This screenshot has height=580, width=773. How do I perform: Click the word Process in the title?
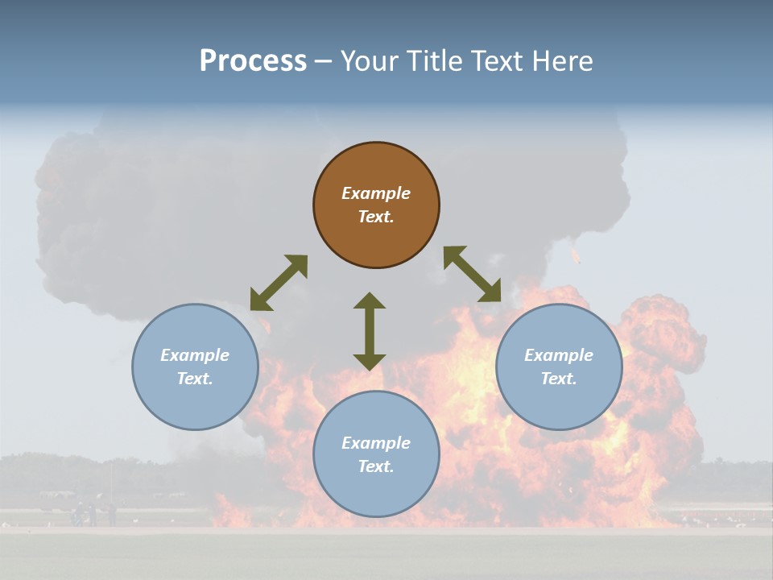(253, 61)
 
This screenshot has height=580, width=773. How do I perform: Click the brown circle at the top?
(376, 205)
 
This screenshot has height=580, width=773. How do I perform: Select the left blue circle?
(195, 367)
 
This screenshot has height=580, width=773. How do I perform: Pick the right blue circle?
(559, 367)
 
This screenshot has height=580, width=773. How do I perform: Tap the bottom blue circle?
(376, 454)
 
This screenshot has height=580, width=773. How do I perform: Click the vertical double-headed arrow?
(370, 331)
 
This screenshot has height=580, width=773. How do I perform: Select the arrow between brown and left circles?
(279, 283)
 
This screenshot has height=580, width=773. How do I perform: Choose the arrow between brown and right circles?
(472, 275)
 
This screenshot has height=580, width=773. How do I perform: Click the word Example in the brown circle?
(376, 193)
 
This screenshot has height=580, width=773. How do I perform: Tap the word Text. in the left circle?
(195, 379)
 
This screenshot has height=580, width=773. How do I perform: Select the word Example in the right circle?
(559, 355)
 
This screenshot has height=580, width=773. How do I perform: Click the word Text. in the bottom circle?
(376, 466)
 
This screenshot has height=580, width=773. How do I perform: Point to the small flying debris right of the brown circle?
(575, 256)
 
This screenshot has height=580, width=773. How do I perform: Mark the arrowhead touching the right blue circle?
(490, 292)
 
